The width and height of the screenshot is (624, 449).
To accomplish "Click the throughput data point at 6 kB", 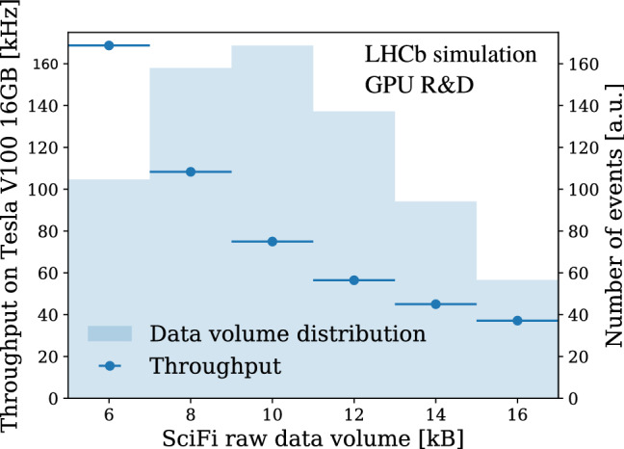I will click(x=109, y=45).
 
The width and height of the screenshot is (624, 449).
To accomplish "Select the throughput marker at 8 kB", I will click(x=191, y=172).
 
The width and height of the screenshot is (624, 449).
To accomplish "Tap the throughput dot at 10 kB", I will click(x=273, y=241).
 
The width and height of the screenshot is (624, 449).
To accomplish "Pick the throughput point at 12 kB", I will click(x=353, y=279).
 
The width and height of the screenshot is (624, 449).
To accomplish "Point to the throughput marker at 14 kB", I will click(x=435, y=304).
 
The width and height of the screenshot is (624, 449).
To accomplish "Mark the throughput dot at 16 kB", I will click(x=517, y=320).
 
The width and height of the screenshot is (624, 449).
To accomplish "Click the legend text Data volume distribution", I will click(x=287, y=334).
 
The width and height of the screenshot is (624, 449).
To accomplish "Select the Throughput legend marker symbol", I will click(x=113, y=366).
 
